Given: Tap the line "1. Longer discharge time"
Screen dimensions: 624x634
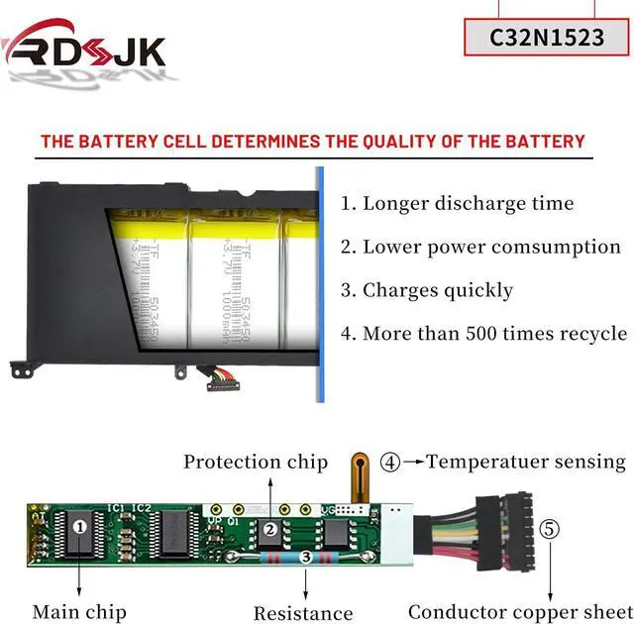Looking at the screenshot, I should coord(457,204).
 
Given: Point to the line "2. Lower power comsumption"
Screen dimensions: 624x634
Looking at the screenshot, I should coord(480,247).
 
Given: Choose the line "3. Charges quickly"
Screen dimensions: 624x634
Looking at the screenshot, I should coord(427,290).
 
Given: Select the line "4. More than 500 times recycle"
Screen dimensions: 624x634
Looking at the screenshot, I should coord(483,334).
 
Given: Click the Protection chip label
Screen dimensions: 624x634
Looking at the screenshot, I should coord(255,462).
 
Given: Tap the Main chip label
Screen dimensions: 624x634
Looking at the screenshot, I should coord(79,612).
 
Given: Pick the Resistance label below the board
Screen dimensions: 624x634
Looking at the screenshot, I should coord(302,614).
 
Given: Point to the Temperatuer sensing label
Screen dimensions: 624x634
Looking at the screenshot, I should coord(525,462).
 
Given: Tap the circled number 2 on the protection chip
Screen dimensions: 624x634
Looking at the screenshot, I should coord(270,530).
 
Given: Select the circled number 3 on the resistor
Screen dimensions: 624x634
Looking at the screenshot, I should coord(306,559).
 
